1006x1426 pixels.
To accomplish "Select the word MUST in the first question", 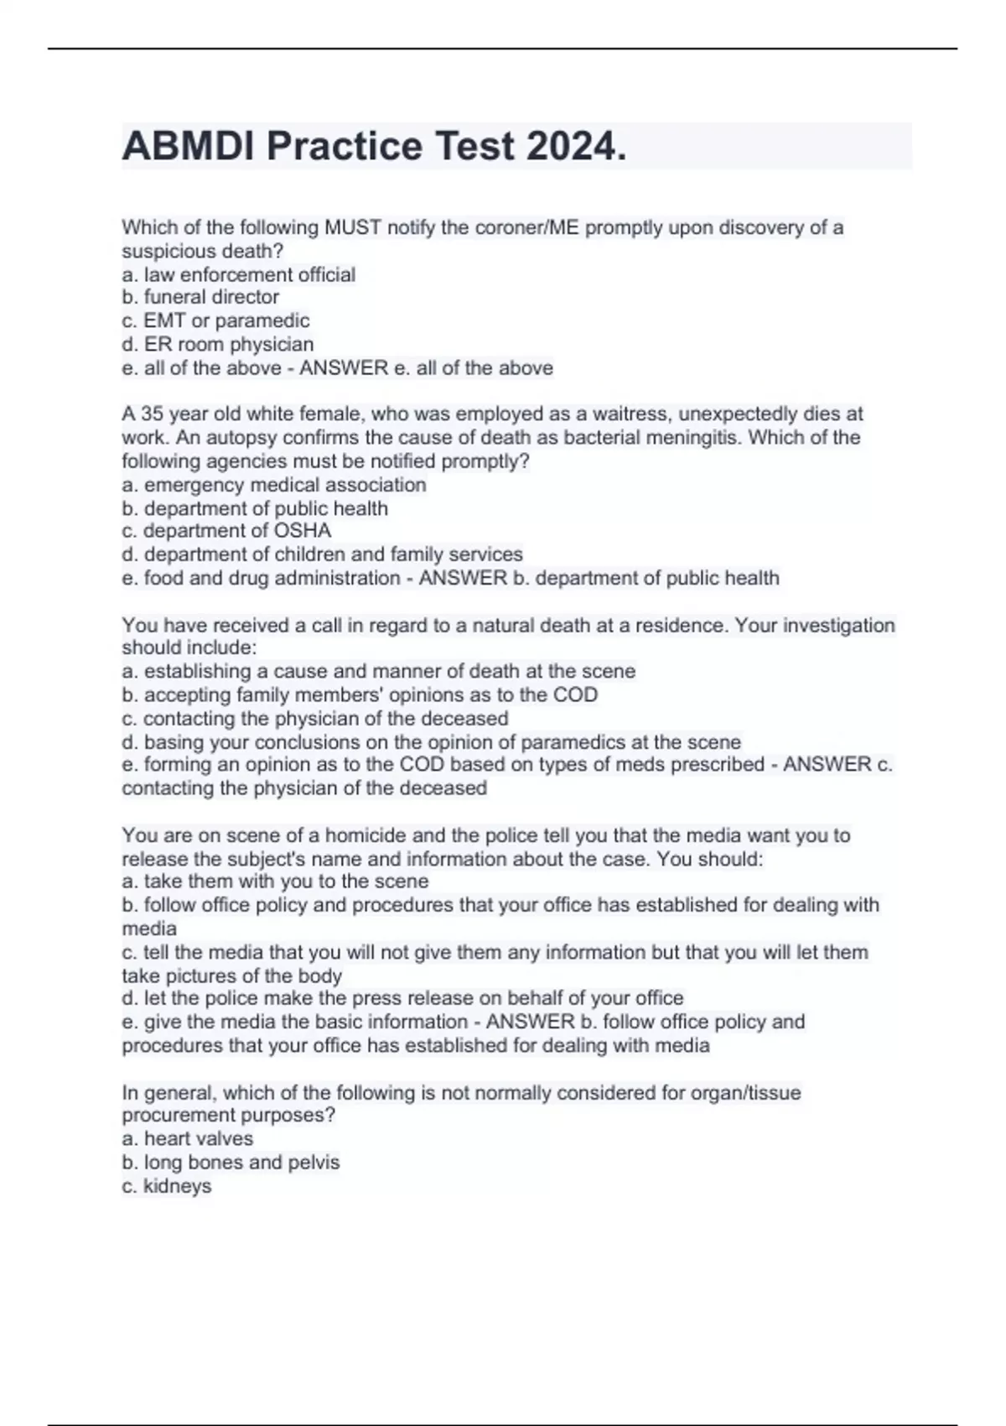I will click(353, 227).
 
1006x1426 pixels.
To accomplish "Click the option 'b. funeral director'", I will click(200, 297).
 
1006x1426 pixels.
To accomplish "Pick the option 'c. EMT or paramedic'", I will click(215, 320).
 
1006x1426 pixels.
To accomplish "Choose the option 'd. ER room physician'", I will click(218, 344).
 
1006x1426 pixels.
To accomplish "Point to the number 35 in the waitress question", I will click(152, 414).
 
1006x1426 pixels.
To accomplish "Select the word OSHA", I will click(303, 531).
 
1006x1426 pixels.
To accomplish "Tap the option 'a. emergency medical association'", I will click(274, 485).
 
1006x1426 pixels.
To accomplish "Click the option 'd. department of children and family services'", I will click(323, 554).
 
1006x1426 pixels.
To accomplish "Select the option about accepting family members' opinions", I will click(360, 695).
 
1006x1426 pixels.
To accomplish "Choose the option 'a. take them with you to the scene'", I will click(275, 882).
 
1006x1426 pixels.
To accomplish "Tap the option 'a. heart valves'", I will click(188, 1138).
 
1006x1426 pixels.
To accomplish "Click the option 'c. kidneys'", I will click(167, 1186).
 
